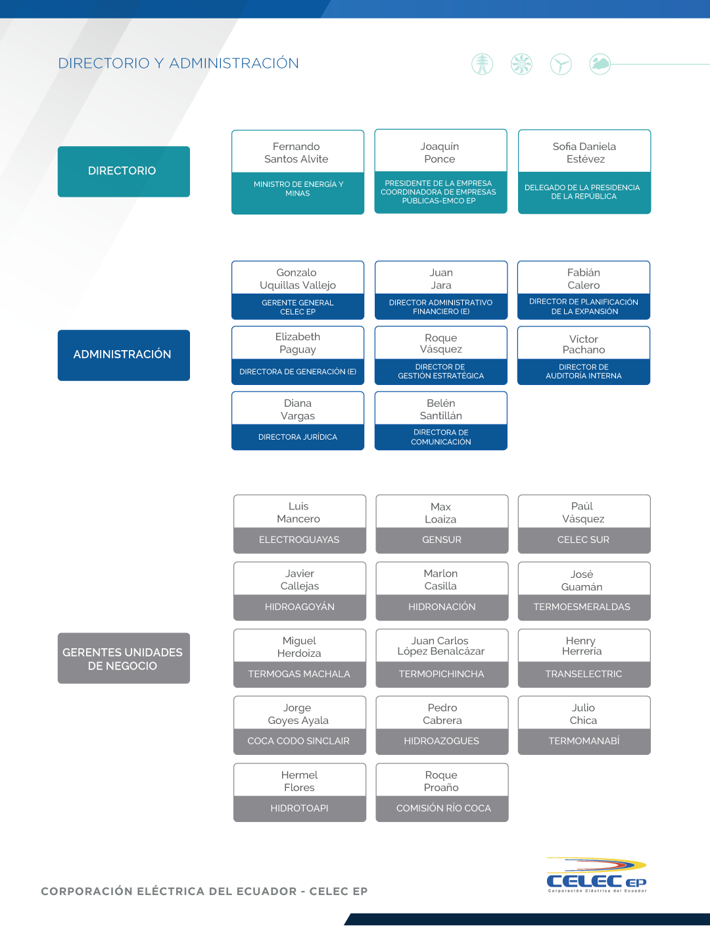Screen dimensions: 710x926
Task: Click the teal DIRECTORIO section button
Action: click(124, 171)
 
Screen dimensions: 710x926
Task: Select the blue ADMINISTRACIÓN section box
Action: click(124, 355)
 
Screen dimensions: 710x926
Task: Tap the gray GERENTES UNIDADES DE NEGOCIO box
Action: click(124, 658)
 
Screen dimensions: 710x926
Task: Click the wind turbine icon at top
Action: click(561, 64)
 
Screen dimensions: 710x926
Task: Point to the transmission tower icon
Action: click(482, 64)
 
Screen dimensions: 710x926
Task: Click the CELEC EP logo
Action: click(596, 875)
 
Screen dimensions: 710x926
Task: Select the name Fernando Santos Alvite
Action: click(296, 153)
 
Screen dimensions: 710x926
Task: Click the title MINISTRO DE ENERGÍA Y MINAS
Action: click(298, 188)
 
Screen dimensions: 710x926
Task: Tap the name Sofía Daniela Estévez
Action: click(584, 153)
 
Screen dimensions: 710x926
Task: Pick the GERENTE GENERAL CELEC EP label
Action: click(298, 307)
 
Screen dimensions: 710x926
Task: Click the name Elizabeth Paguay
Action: click(298, 343)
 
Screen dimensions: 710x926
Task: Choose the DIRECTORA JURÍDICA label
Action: click(298, 437)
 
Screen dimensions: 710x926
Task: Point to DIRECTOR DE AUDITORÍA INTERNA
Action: click(584, 371)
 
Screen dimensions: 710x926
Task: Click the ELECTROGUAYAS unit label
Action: click(299, 540)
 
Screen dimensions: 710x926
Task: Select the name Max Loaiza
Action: click(440, 513)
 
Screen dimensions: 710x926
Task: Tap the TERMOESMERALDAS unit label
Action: click(582, 606)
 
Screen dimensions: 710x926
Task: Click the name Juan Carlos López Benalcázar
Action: click(441, 646)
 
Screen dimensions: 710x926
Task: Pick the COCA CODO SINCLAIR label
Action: click(298, 740)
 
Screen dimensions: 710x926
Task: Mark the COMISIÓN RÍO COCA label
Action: click(444, 808)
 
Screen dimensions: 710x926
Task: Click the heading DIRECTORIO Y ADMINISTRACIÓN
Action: click(178, 63)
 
